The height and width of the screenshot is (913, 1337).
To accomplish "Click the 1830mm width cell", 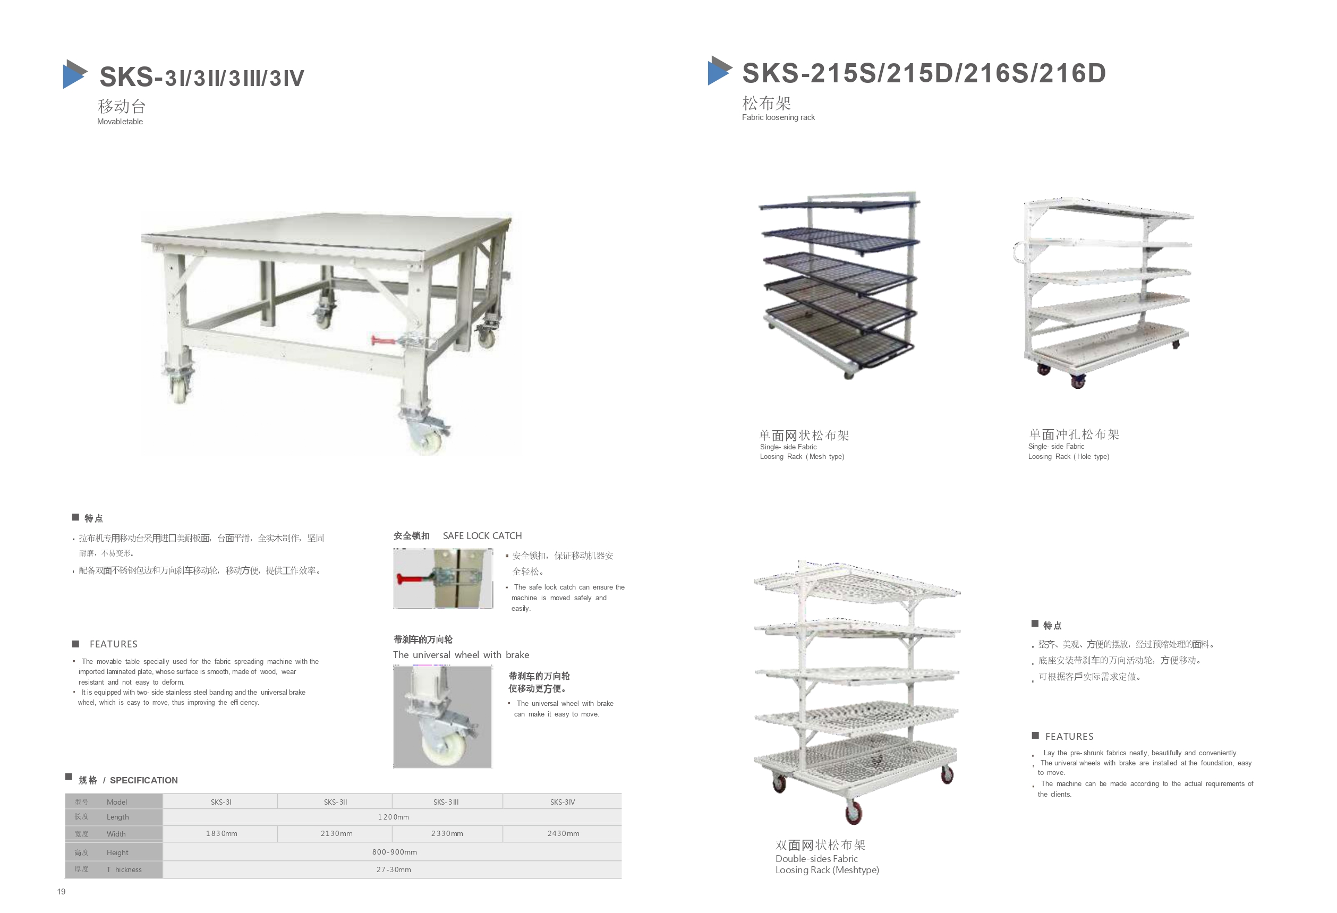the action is click(x=222, y=834).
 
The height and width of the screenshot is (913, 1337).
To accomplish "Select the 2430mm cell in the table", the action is click(x=563, y=834).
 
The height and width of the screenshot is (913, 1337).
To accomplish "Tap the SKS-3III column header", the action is click(x=446, y=802).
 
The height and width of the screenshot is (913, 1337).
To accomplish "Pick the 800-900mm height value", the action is click(x=394, y=852).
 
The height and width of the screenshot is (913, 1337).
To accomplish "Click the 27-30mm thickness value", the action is click(x=394, y=870).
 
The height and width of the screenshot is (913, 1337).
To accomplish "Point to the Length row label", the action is click(x=117, y=817).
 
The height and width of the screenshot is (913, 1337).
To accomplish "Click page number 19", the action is click(x=61, y=892).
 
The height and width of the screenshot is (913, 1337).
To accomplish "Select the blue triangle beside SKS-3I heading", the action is click(x=75, y=74).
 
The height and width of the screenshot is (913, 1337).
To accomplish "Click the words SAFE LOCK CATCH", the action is click(x=482, y=535).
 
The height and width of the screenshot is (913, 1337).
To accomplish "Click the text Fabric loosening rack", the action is click(x=778, y=117).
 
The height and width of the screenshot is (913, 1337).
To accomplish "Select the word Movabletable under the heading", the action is click(x=120, y=122).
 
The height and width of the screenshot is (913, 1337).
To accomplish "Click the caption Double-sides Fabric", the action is click(x=816, y=858).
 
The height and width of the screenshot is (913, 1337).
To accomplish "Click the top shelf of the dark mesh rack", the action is click(x=839, y=203).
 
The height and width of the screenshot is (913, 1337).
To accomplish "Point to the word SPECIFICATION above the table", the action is click(x=144, y=780).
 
